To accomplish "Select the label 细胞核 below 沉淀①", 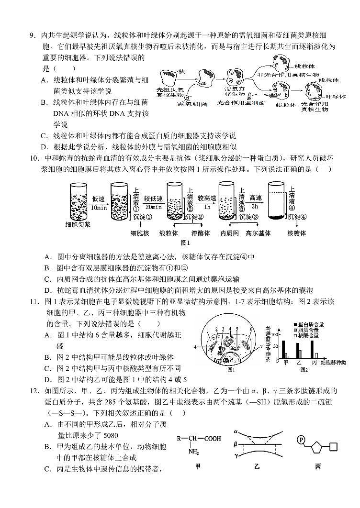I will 140,233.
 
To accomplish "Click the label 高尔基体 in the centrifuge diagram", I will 258,233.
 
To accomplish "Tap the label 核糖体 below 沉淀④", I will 296,233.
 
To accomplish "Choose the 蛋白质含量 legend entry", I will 310,324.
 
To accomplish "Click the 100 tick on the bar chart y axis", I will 275,328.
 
